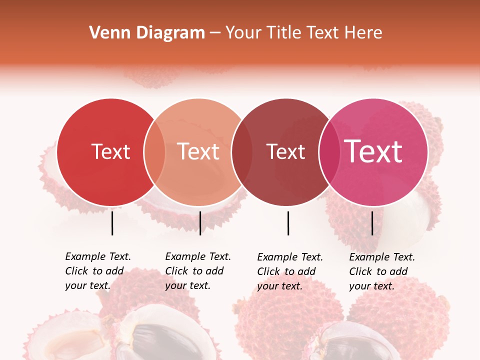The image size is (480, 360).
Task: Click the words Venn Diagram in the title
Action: [x=147, y=32]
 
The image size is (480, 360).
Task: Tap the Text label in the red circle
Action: [x=110, y=151]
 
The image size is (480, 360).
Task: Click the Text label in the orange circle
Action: [x=198, y=151]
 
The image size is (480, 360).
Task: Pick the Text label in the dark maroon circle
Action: [x=285, y=151]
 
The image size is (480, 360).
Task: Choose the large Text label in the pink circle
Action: [x=373, y=151]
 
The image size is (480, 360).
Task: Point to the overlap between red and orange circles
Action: [x=154, y=152]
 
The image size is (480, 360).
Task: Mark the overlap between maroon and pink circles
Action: [x=328, y=152]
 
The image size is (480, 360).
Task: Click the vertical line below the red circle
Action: [x=112, y=223]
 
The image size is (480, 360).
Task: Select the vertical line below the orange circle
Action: [x=200, y=223]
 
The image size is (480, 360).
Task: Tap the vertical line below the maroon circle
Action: [x=288, y=223]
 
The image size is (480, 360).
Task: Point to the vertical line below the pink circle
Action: [x=372, y=223]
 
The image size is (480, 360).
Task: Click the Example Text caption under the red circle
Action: [x=98, y=270]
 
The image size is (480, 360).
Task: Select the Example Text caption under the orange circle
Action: [x=198, y=270]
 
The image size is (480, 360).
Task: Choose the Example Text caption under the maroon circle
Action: [x=290, y=271]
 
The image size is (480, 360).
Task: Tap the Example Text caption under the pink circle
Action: [x=382, y=271]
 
